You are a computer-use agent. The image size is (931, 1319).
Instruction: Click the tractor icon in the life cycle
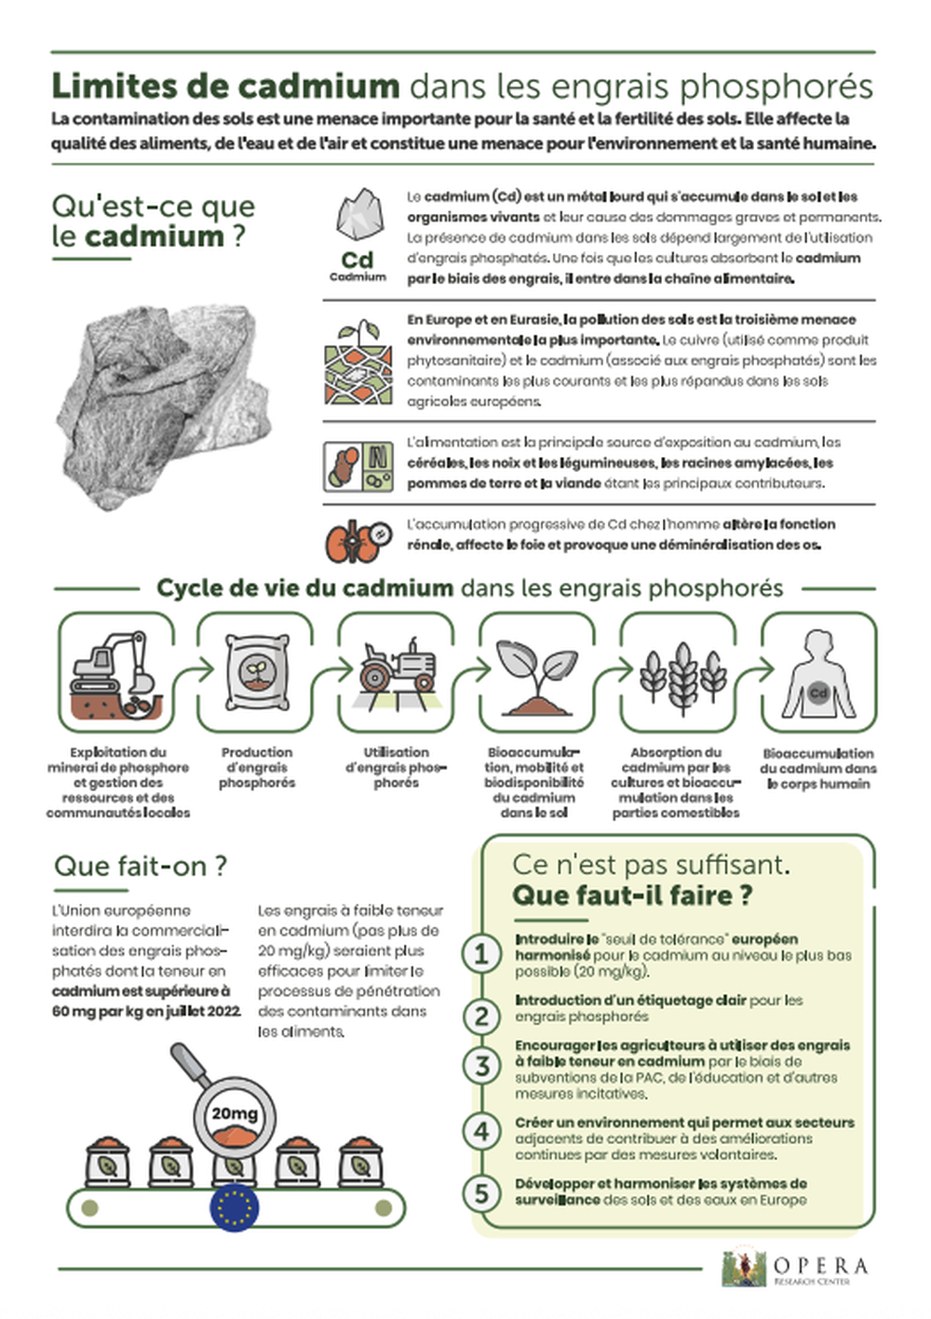[x=398, y=667]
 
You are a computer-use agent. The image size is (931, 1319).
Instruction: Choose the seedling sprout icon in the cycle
[x=537, y=672]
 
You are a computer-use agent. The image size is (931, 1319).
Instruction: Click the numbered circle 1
[x=481, y=953]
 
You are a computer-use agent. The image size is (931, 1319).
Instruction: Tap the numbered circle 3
[x=481, y=1066]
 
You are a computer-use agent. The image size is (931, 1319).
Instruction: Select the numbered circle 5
[x=481, y=1192]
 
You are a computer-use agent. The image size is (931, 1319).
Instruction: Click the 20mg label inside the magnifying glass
[x=234, y=1113]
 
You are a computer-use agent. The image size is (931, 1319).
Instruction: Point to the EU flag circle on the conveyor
[x=235, y=1207]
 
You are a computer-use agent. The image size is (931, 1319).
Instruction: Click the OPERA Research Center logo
[x=796, y=1269]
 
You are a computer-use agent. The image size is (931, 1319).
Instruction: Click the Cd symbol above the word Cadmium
[x=358, y=260]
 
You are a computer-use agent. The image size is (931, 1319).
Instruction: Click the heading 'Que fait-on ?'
[x=141, y=866]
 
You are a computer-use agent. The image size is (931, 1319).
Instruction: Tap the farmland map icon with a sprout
[x=358, y=364]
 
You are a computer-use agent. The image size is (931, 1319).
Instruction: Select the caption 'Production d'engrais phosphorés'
[x=257, y=767]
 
